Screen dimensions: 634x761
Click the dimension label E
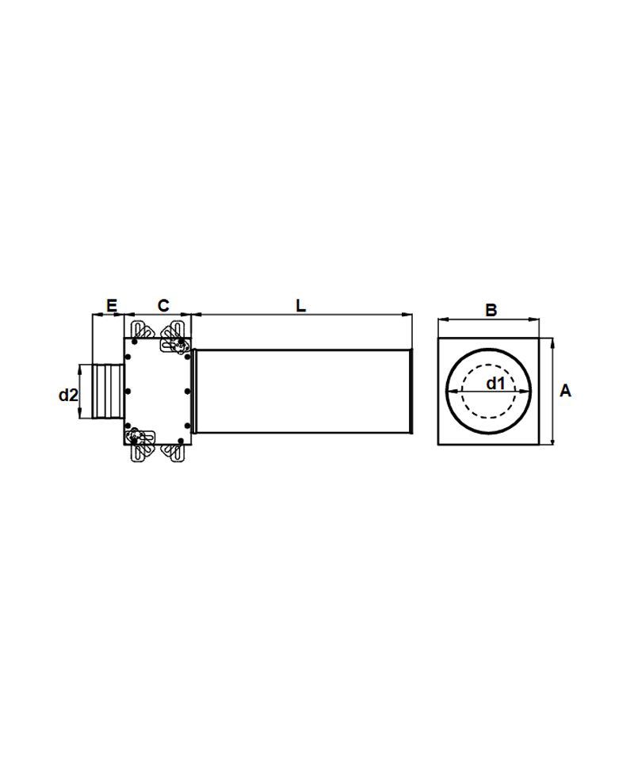pyautogui.click(x=112, y=306)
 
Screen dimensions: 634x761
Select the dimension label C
pyautogui.click(x=163, y=306)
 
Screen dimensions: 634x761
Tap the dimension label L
pyautogui.click(x=301, y=306)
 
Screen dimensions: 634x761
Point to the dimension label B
pyautogui.click(x=491, y=310)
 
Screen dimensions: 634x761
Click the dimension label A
pyautogui.click(x=566, y=390)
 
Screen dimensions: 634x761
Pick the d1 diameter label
pyautogui.click(x=496, y=384)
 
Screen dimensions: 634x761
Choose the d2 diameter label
pyautogui.click(x=68, y=395)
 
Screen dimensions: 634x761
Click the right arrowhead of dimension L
pyautogui.click(x=408, y=315)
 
